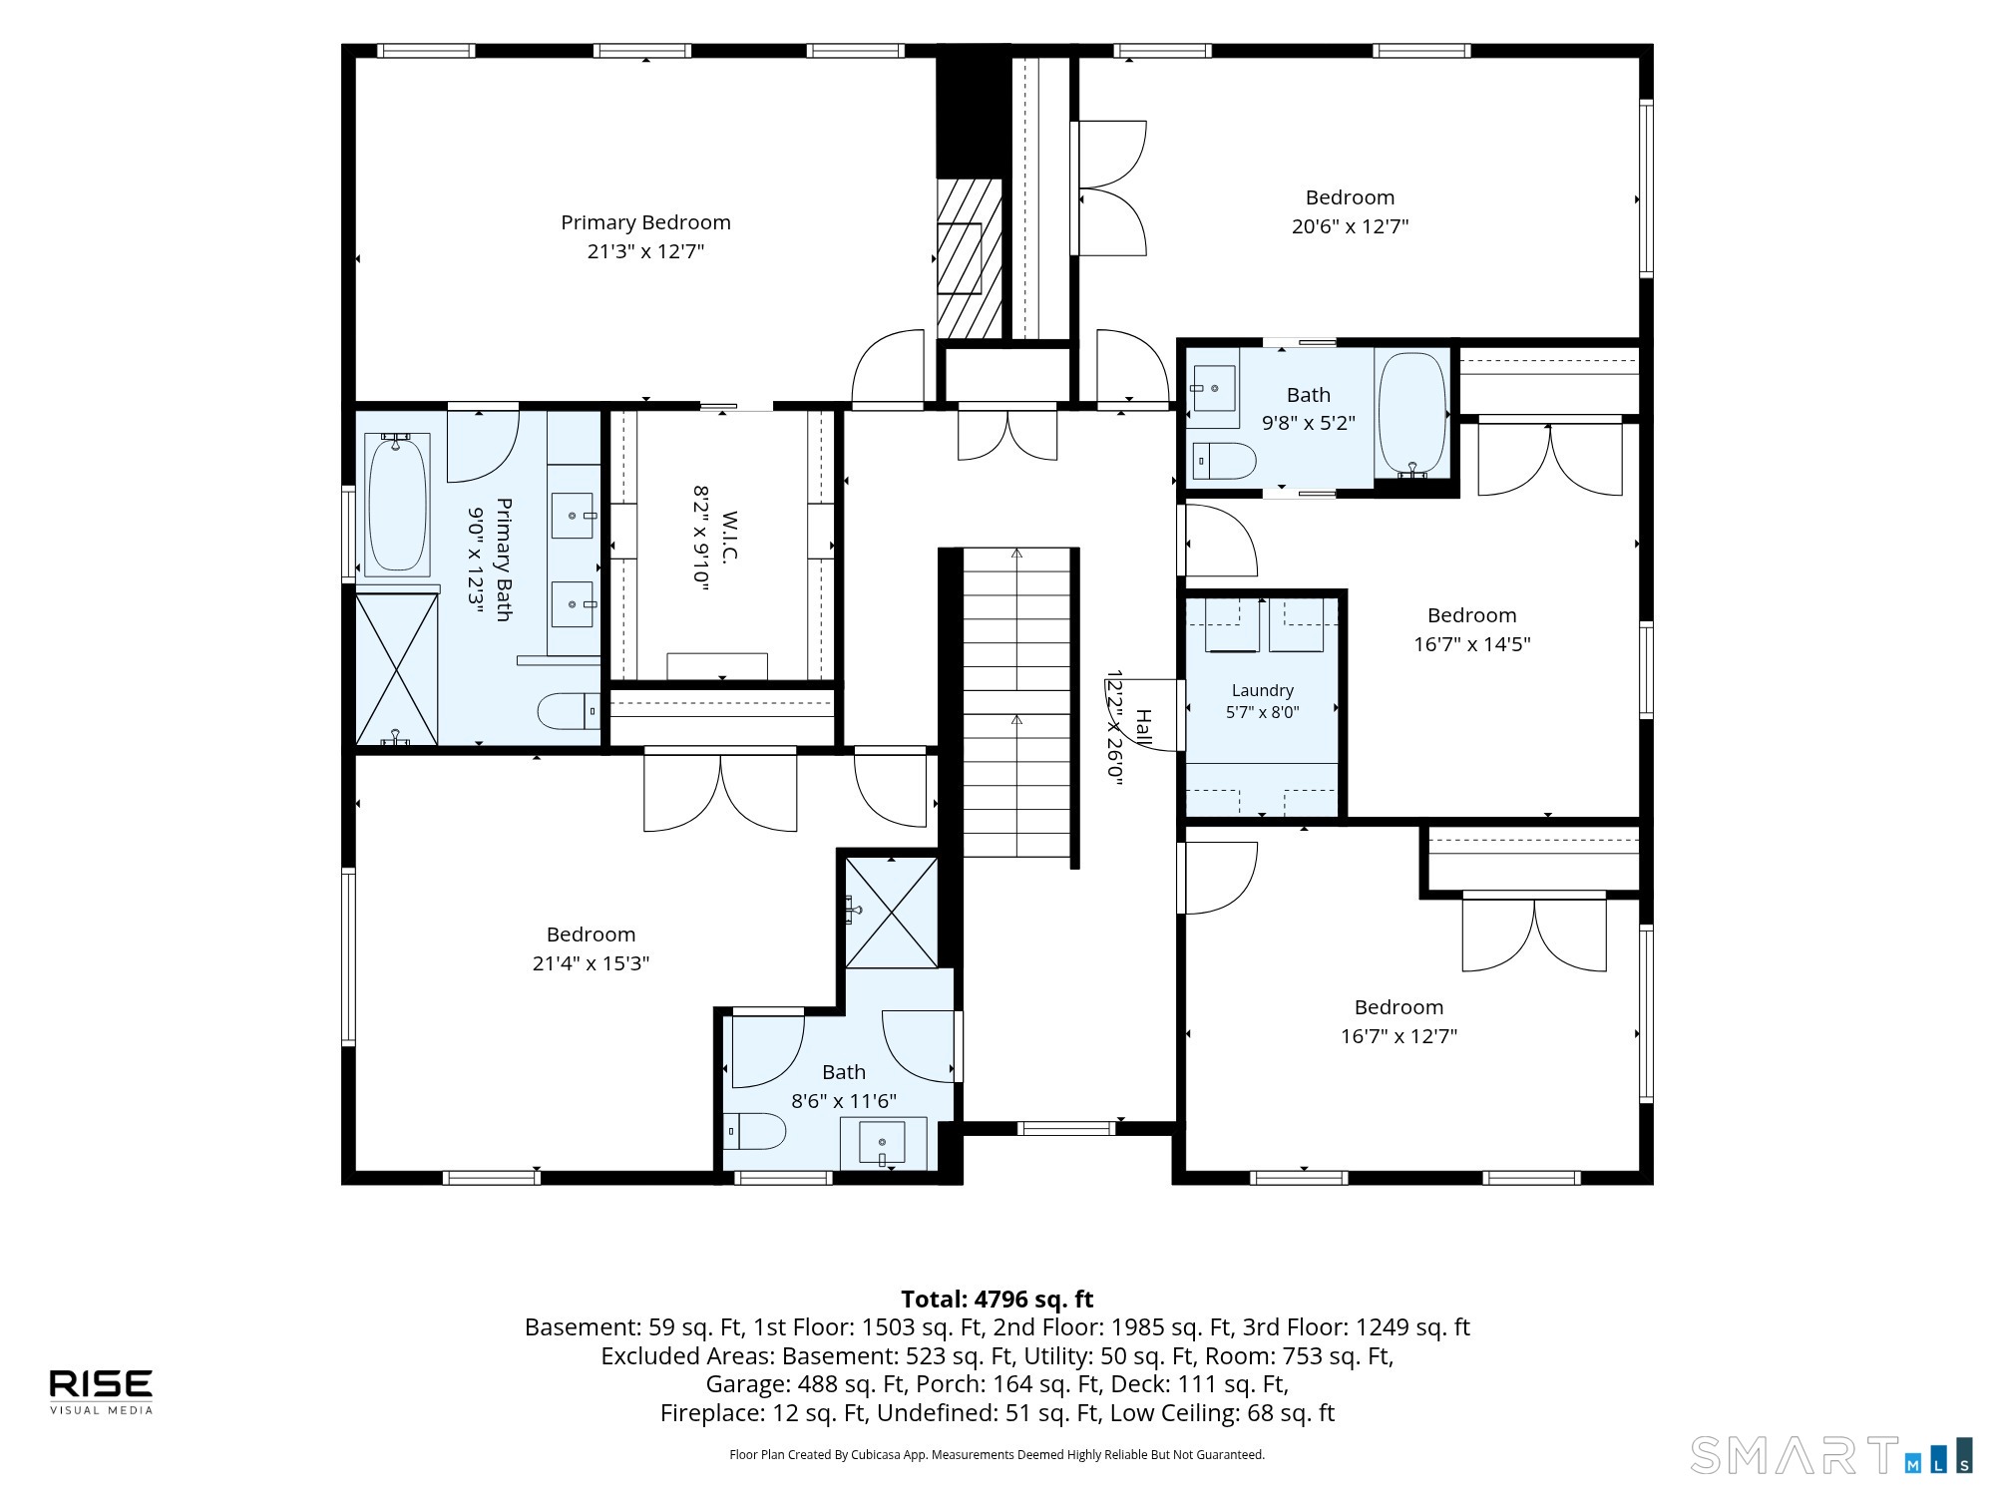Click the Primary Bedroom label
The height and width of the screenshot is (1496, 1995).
(x=645, y=222)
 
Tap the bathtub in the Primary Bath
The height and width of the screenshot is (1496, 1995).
(x=397, y=505)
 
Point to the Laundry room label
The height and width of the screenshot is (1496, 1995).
(x=1262, y=690)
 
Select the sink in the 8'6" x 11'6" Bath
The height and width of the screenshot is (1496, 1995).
(x=883, y=1143)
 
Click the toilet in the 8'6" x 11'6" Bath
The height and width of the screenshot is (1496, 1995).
(x=755, y=1131)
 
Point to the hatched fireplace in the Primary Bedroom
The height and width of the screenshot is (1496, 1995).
(x=969, y=258)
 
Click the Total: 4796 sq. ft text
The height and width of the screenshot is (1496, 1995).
(x=997, y=1299)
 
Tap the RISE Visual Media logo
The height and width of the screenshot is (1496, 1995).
(x=102, y=1391)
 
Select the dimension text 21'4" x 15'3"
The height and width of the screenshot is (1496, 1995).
(x=591, y=962)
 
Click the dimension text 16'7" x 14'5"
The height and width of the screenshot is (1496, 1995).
(x=1471, y=643)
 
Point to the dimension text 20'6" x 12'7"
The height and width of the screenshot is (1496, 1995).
(x=1350, y=225)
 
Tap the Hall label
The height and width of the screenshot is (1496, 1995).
(x=1144, y=728)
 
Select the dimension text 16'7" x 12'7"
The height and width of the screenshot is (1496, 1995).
(x=1398, y=1035)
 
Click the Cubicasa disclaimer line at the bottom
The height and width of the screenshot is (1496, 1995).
(x=997, y=1454)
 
